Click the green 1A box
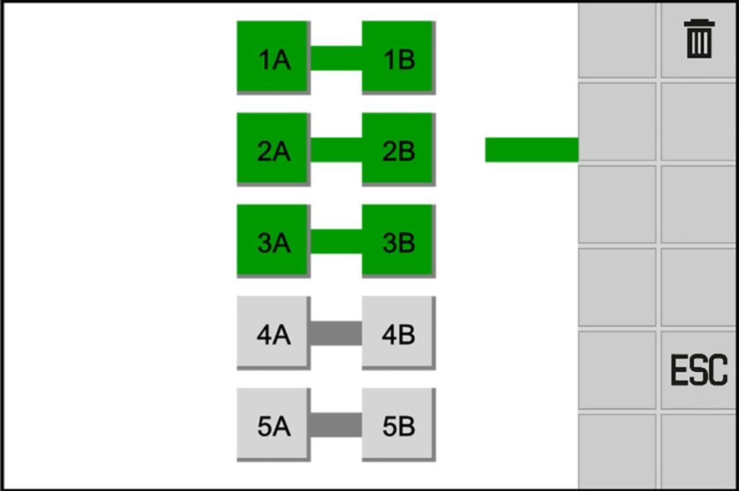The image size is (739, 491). (274, 58)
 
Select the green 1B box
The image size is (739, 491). (398, 58)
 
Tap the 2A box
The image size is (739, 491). (274, 149)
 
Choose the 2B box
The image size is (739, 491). (398, 149)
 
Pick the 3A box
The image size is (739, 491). (274, 241)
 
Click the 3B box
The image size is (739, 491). (398, 241)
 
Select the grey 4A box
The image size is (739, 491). (274, 333)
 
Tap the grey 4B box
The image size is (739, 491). (398, 333)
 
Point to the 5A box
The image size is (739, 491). (274, 425)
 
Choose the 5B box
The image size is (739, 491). (398, 425)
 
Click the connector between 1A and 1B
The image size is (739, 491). (336, 58)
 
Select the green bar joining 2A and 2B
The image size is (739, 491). (336, 149)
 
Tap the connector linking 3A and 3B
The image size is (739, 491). (336, 241)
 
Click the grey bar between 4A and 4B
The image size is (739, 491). (336, 333)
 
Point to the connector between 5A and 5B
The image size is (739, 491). (336, 425)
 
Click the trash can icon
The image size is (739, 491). (699, 39)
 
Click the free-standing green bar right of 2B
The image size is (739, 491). (532, 149)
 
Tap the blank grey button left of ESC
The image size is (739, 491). (617, 370)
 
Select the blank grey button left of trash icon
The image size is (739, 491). (617, 40)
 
